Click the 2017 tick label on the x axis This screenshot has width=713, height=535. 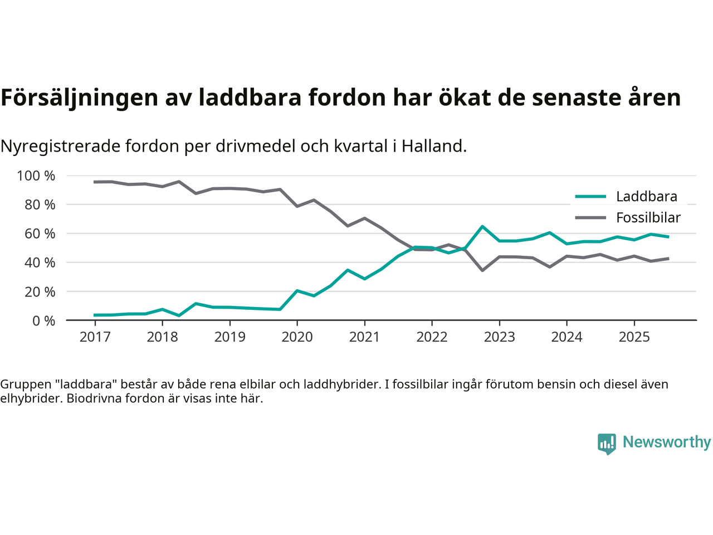pos(95,337)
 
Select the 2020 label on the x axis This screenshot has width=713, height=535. pos(297,337)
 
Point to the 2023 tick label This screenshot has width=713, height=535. pos(499,337)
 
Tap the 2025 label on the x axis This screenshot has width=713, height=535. pos(634,337)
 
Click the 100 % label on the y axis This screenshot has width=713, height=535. pos(36,176)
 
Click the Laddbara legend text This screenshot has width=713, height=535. pos(646,197)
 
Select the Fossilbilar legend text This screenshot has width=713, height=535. pos(648,218)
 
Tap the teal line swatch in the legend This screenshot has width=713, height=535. pos(590,197)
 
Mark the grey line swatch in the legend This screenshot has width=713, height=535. pos(590,218)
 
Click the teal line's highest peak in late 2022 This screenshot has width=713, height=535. pos(482,226)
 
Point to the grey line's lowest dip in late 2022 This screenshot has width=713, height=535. pos(482,270)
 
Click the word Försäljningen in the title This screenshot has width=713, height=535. pos(80,98)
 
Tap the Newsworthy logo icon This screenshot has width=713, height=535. pos(607,444)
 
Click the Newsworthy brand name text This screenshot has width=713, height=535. pos(666,442)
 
